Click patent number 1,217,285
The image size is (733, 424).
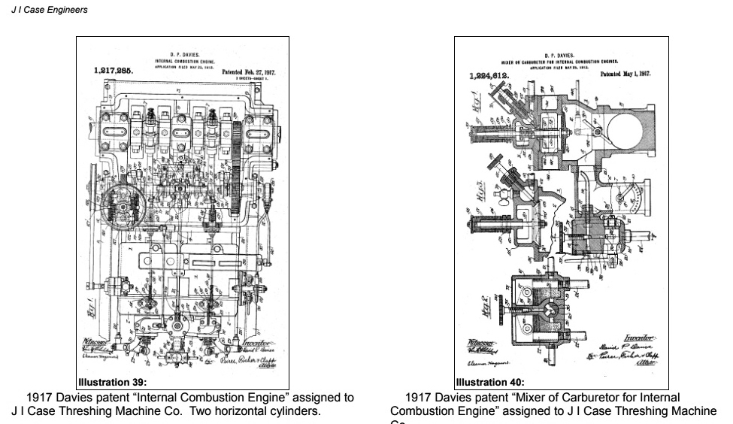(x=114, y=70)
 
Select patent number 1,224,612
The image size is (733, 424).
(x=489, y=76)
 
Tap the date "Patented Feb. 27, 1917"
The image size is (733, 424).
(x=249, y=72)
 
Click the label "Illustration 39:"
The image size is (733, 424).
(x=113, y=382)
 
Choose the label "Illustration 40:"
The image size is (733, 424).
(x=489, y=382)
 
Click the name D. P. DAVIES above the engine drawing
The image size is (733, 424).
(x=184, y=54)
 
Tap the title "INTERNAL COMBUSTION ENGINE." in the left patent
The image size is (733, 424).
(x=184, y=60)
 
